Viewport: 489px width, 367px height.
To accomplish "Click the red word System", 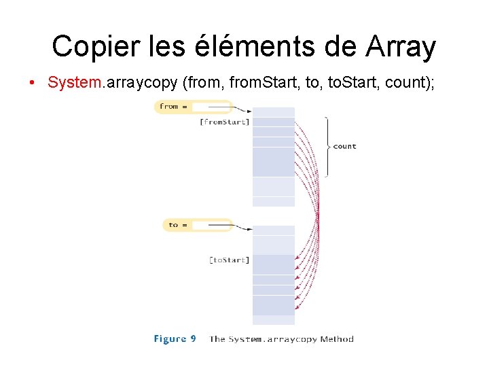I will coord(74,82).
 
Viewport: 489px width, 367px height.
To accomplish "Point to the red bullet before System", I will coord(32,83).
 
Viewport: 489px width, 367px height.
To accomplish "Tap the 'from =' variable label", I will coord(173,107).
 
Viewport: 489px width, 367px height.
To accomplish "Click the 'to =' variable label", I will coord(178,225).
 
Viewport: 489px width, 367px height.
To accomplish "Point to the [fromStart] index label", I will coord(224,122).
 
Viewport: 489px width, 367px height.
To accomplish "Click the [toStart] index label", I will coord(229,260).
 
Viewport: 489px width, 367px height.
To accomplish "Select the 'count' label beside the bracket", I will coord(344,146).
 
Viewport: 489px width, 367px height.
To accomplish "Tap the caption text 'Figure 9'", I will coord(175,339).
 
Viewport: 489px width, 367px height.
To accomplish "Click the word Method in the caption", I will coord(337,339).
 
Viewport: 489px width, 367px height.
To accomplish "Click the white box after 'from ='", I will coord(211,107).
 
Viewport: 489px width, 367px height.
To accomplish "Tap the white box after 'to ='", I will coord(211,225).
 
